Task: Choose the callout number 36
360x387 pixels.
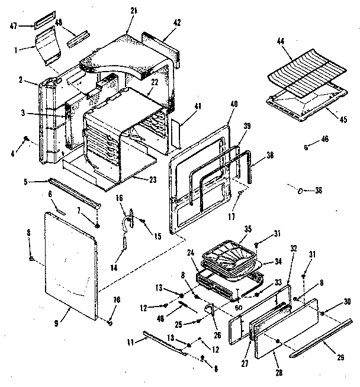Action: click(319, 191)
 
